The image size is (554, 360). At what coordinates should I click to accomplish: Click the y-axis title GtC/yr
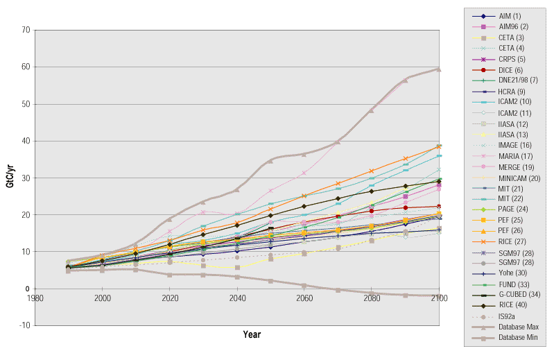(x=10, y=178)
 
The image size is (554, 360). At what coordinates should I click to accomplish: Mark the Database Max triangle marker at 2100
(x=438, y=69)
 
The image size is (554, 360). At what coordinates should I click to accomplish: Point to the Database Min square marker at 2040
(x=236, y=277)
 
